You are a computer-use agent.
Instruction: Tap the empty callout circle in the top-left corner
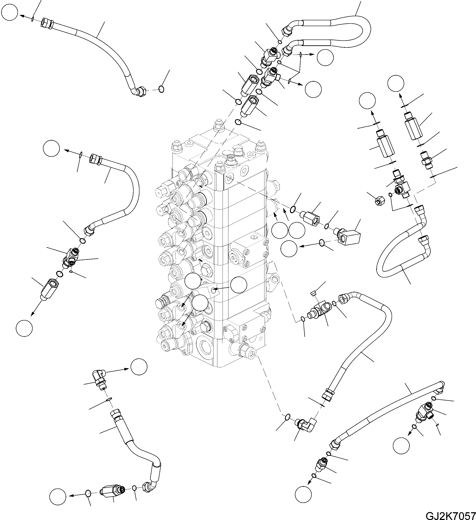click(9, 13)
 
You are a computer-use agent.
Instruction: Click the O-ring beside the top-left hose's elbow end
click(161, 89)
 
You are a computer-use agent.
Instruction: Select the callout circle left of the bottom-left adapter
click(58, 496)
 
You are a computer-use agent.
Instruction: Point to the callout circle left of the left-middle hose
click(52, 148)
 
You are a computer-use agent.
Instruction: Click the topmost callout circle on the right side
click(396, 83)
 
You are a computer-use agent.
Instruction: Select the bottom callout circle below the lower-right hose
click(303, 494)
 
